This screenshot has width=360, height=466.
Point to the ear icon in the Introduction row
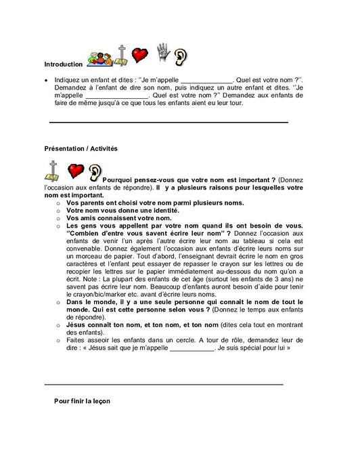[x=181, y=57]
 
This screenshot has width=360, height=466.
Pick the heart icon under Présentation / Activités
[x=75, y=170]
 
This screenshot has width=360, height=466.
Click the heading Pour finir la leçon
[x=82, y=400]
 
